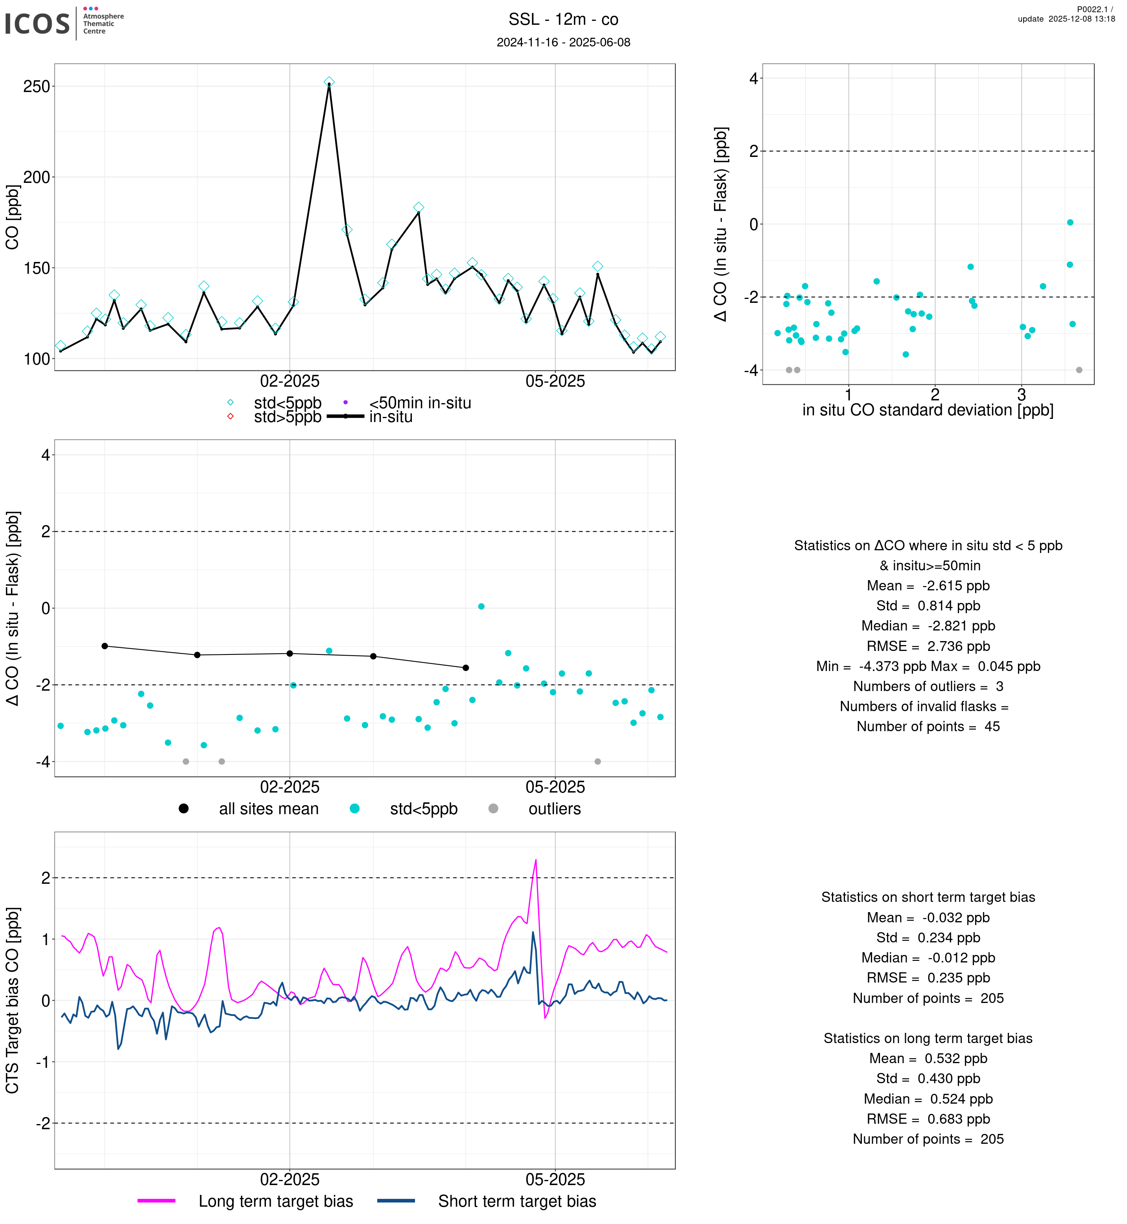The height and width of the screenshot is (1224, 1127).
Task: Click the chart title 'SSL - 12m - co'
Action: (x=563, y=20)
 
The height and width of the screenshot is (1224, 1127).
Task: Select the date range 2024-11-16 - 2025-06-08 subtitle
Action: (x=563, y=42)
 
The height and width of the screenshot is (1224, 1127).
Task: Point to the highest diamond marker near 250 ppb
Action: (x=329, y=82)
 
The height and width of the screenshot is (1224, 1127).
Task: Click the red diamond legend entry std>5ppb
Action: (x=287, y=417)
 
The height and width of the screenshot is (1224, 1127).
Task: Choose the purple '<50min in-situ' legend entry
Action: (x=420, y=403)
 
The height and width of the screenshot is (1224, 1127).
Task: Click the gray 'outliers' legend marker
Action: (x=493, y=809)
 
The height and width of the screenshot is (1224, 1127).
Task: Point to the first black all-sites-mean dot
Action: (x=105, y=646)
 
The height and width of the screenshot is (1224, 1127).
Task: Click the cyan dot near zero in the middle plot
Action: (x=481, y=606)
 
